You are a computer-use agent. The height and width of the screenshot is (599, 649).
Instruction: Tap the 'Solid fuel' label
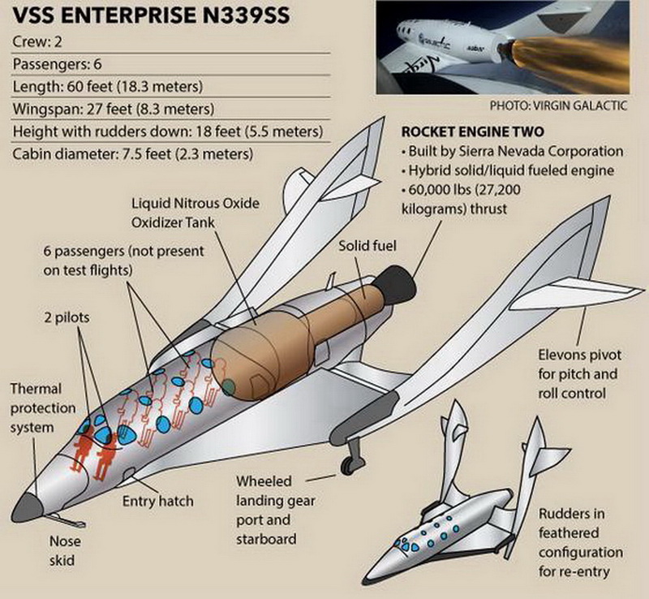(x=367, y=245)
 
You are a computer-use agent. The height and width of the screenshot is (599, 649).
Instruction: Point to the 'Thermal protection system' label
(x=44, y=407)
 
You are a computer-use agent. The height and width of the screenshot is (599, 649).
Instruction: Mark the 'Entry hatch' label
(x=157, y=501)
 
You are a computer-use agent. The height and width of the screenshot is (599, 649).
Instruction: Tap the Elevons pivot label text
(x=578, y=374)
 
